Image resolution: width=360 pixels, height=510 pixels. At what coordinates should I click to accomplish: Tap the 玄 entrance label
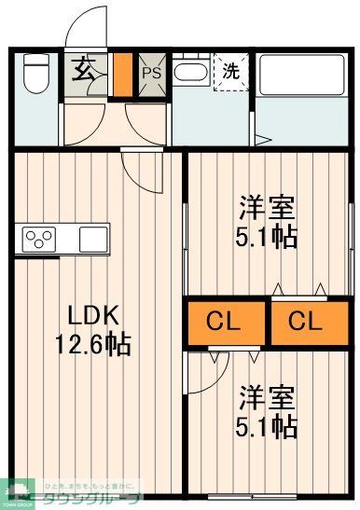(84, 70)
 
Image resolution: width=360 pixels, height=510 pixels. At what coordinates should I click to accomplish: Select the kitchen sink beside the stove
(93, 239)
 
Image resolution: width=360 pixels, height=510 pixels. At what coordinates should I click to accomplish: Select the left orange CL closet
(224, 323)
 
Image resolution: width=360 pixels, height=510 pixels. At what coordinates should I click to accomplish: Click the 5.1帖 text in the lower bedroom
(266, 428)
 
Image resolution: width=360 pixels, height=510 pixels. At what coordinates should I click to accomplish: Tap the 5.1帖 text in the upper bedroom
(266, 237)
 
